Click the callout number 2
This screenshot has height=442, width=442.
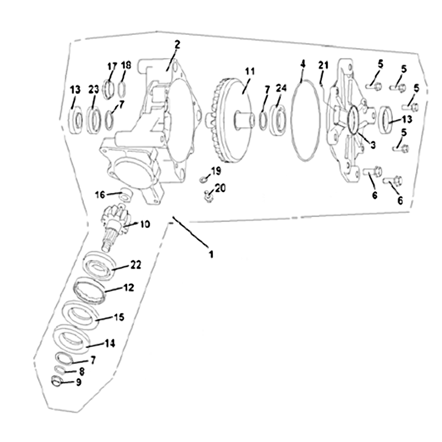click(x=177, y=45)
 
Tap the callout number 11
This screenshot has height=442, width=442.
click(x=250, y=71)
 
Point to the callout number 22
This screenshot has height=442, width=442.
click(x=135, y=265)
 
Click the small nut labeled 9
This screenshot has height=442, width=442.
click(x=56, y=381)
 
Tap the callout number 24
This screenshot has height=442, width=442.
click(x=281, y=88)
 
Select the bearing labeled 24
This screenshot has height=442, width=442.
click(x=278, y=118)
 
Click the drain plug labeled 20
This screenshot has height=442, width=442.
click(x=208, y=196)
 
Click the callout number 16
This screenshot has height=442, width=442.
click(x=100, y=194)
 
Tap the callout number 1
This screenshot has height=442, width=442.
click(x=211, y=254)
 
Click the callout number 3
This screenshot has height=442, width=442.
click(x=372, y=145)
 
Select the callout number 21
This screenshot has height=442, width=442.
click(x=323, y=65)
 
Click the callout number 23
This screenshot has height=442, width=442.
click(x=93, y=90)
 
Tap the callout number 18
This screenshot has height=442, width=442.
click(x=126, y=65)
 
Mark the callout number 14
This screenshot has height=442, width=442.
click(x=109, y=343)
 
